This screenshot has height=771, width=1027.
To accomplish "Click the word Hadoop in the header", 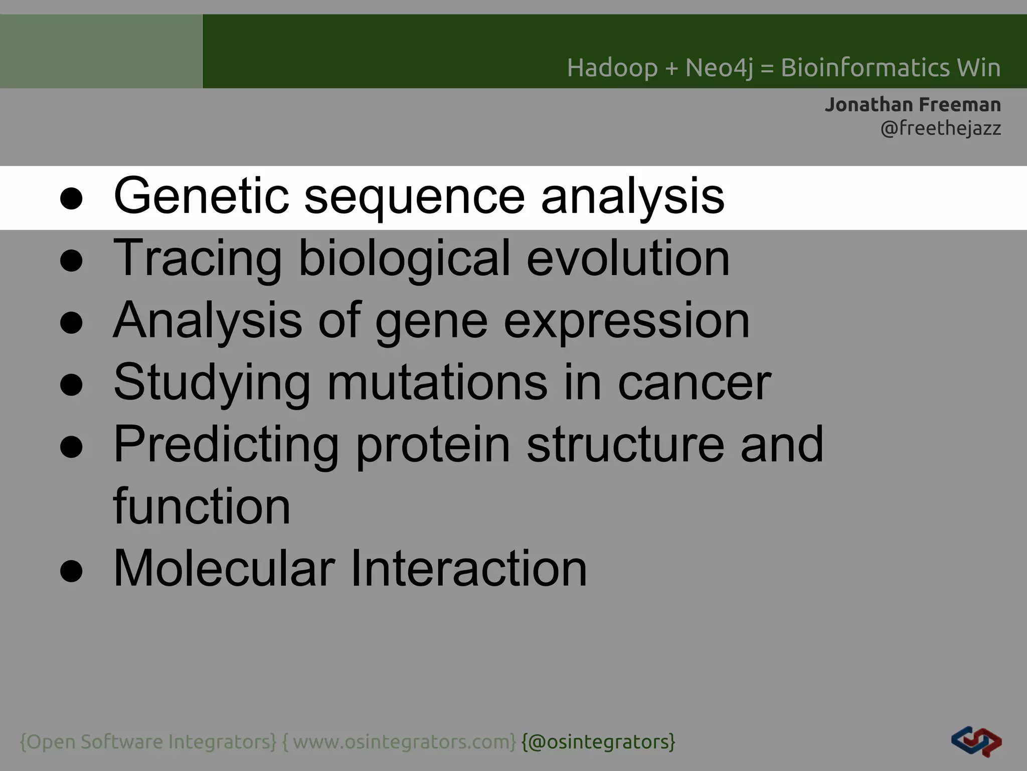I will tap(612, 68).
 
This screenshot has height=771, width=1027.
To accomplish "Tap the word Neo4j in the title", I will tap(719, 68).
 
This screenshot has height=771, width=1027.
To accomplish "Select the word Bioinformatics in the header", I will tap(866, 68).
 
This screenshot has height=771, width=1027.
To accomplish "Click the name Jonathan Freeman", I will tap(913, 105).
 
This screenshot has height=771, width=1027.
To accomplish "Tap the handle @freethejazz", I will tap(941, 128).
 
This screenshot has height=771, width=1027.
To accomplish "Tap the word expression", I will tap(626, 321).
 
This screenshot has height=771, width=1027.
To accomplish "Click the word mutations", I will tap(437, 382).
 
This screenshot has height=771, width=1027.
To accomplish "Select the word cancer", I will tap(695, 383).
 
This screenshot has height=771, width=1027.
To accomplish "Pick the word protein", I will tap(433, 445).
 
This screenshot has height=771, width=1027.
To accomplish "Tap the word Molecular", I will tap(224, 568).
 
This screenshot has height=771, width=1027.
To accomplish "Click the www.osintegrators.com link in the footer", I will tap(404, 742).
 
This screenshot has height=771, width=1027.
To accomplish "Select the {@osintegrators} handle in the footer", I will tap(598, 742).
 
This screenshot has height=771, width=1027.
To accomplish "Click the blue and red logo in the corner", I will tap(976, 741).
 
